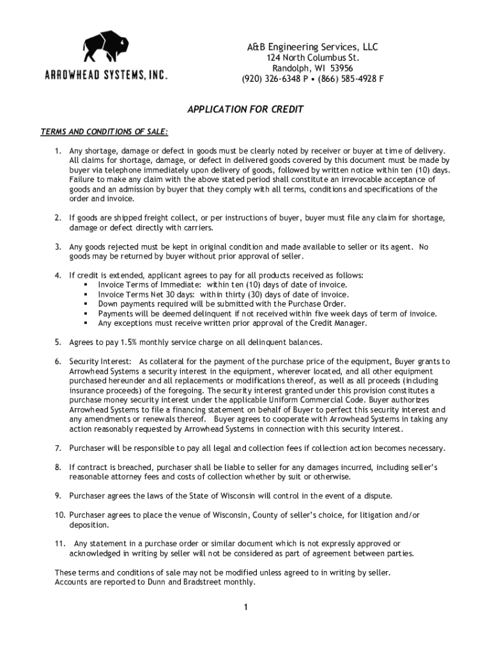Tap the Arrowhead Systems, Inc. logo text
click(x=106, y=75)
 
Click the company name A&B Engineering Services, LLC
click(x=312, y=47)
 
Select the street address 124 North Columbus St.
click(x=312, y=58)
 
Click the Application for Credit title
click(x=245, y=109)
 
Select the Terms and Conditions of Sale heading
click(x=105, y=132)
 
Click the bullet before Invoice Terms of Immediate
click(x=85, y=285)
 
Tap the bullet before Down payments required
click(x=85, y=304)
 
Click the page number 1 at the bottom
click(x=245, y=607)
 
